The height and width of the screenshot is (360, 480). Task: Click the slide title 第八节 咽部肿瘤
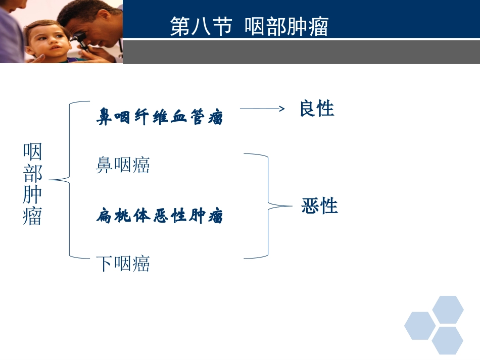click(249, 27)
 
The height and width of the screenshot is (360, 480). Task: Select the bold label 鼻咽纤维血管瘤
click(160, 118)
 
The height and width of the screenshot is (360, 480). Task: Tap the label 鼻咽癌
click(123, 165)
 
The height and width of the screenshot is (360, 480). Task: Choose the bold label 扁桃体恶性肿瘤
click(160, 217)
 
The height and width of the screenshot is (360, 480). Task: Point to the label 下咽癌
click(123, 264)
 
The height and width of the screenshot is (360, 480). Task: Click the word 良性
click(317, 109)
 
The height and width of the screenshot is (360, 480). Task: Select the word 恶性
click(319, 206)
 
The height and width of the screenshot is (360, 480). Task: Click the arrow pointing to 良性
click(262, 109)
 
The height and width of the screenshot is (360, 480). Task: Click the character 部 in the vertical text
click(32, 173)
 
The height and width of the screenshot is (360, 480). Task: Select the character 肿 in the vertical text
click(32, 194)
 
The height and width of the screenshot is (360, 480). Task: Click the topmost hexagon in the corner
click(448, 310)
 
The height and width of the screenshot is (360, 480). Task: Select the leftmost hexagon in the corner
click(420, 326)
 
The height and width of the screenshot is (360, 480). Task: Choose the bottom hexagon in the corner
click(448, 340)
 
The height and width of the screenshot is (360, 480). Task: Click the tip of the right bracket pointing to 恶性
click(292, 206)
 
